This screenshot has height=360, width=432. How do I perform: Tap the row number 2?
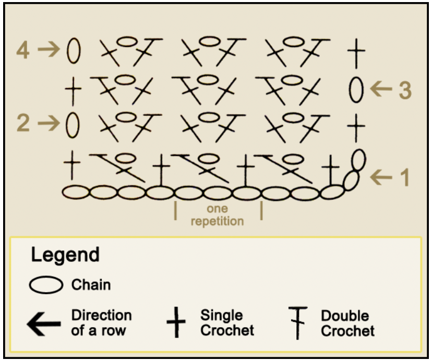[x=23, y=123]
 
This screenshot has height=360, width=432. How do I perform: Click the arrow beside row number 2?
[x=49, y=123]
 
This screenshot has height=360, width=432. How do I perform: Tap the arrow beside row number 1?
[x=381, y=177]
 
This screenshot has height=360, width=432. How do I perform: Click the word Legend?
[x=65, y=255]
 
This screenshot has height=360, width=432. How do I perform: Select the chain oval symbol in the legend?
[x=46, y=285]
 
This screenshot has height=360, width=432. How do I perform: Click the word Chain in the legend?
[x=91, y=285]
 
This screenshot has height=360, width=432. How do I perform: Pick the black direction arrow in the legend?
[x=44, y=323]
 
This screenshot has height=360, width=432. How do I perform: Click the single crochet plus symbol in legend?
[x=176, y=323]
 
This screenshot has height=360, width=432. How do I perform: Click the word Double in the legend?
[x=344, y=316]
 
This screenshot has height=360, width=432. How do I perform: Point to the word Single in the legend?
[x=221, y=316]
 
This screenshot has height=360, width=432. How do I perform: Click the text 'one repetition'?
[x=217, y=215]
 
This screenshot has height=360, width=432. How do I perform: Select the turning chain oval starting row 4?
[x=74, y=51]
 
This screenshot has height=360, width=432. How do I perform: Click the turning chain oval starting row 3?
[x=356, y=89]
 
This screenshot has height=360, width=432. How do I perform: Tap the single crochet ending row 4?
[x=356, y=52]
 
